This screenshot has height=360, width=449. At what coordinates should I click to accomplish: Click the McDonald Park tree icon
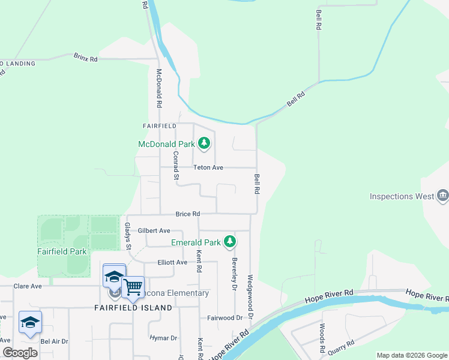click(205, 143)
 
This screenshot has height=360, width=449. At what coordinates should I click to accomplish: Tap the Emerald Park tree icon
click(229, 242)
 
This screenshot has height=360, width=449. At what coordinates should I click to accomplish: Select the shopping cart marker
click(133, 286)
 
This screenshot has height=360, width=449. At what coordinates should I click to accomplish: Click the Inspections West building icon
click(443, 195)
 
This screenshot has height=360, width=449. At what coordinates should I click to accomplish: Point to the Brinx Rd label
click(85, 58)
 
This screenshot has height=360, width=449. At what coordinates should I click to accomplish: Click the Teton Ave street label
click(208, 168)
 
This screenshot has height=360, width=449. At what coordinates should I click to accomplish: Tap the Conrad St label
click(176, 165)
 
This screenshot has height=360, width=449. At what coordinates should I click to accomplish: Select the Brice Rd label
click(187, 214)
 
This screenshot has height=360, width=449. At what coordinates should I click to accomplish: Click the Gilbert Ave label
click(154, 230)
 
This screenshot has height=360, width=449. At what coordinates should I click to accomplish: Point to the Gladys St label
click(127, 235)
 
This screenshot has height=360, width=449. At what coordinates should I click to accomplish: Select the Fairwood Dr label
click(224, 317)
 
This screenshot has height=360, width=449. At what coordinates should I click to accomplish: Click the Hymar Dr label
click(164, 338)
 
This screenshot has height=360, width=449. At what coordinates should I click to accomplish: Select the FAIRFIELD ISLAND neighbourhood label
click(133, 307)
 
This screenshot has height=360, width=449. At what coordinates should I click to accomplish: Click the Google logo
click(20, 353)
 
